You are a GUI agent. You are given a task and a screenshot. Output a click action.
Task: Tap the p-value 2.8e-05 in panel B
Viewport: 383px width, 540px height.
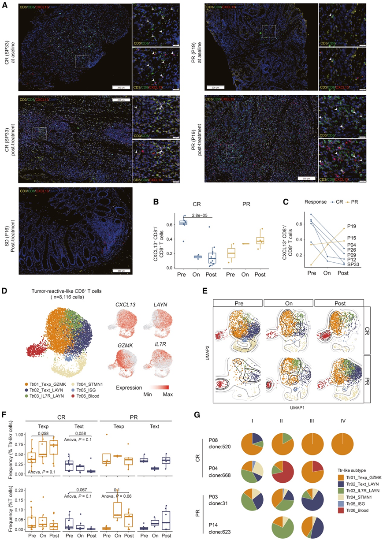[x=201, y=216]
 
